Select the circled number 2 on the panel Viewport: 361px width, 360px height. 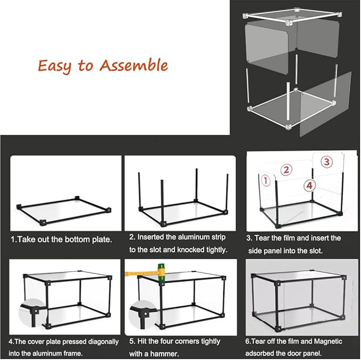[287, 169]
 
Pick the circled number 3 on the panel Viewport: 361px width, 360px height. [326, 161]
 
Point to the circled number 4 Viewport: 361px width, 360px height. [309, 185]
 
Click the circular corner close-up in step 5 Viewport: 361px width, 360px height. [142, 314]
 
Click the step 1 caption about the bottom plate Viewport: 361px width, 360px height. [61, 239]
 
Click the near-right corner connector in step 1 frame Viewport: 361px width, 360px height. [108, 210]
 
